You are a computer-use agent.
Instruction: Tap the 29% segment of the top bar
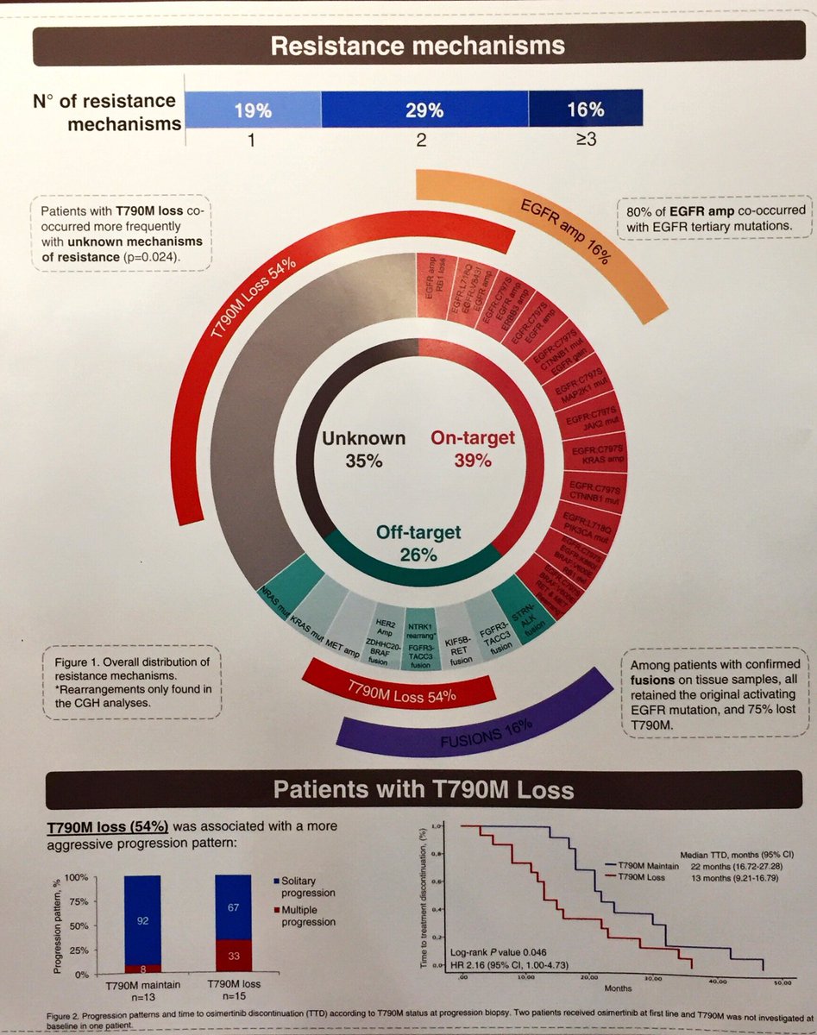[x=424, y=110]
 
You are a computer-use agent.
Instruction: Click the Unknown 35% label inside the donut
[x=363, y=448]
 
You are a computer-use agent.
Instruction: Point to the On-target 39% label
[x=472, y=448]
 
